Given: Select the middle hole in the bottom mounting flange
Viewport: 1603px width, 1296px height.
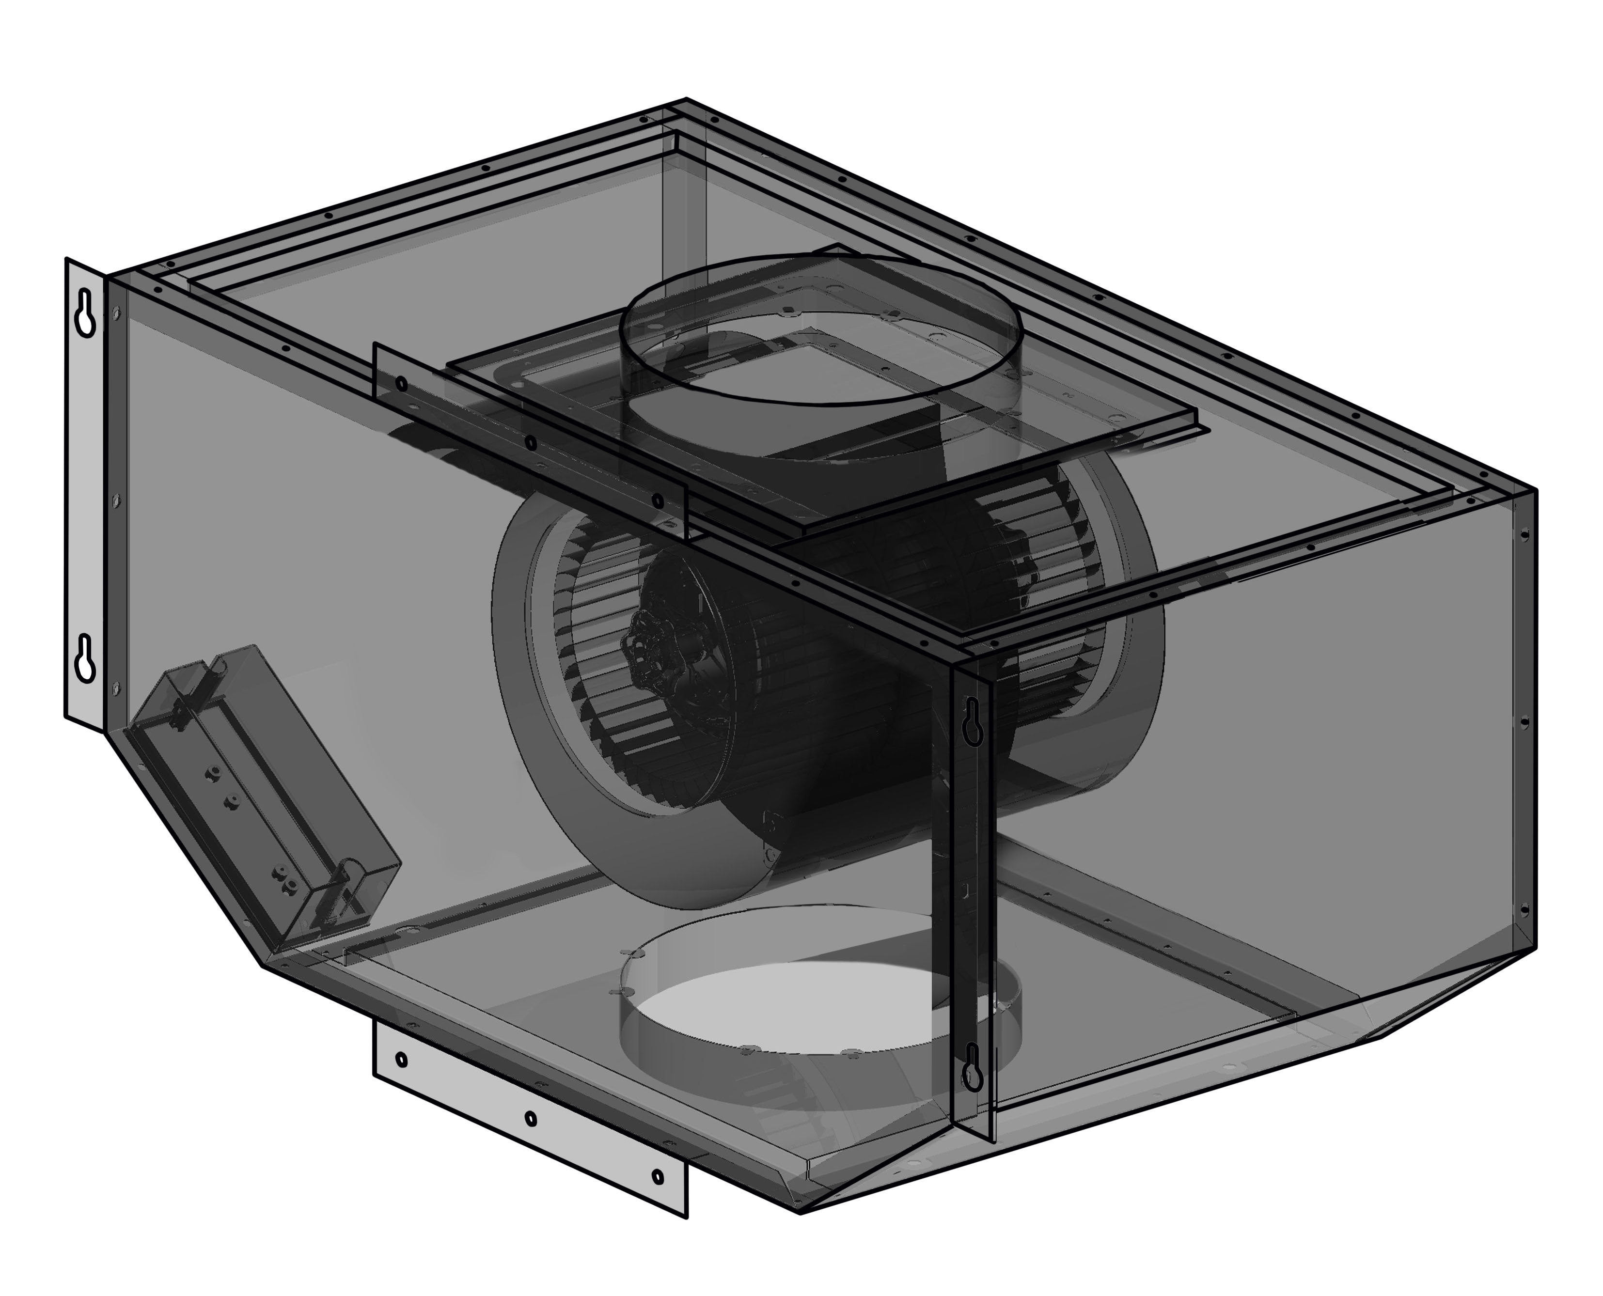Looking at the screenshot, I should tap(530, 1118).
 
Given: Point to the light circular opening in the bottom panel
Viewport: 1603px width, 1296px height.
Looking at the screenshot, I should tap(776, 1008).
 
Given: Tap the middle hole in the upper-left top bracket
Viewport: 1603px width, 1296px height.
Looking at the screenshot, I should tap(530, 443).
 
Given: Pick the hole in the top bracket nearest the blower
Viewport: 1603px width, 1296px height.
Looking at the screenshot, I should tap(657, 500).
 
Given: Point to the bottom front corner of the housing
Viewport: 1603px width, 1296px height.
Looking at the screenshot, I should tap(801, 1213).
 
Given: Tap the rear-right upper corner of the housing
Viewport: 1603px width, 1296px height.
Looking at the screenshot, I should tap(1536, 490).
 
